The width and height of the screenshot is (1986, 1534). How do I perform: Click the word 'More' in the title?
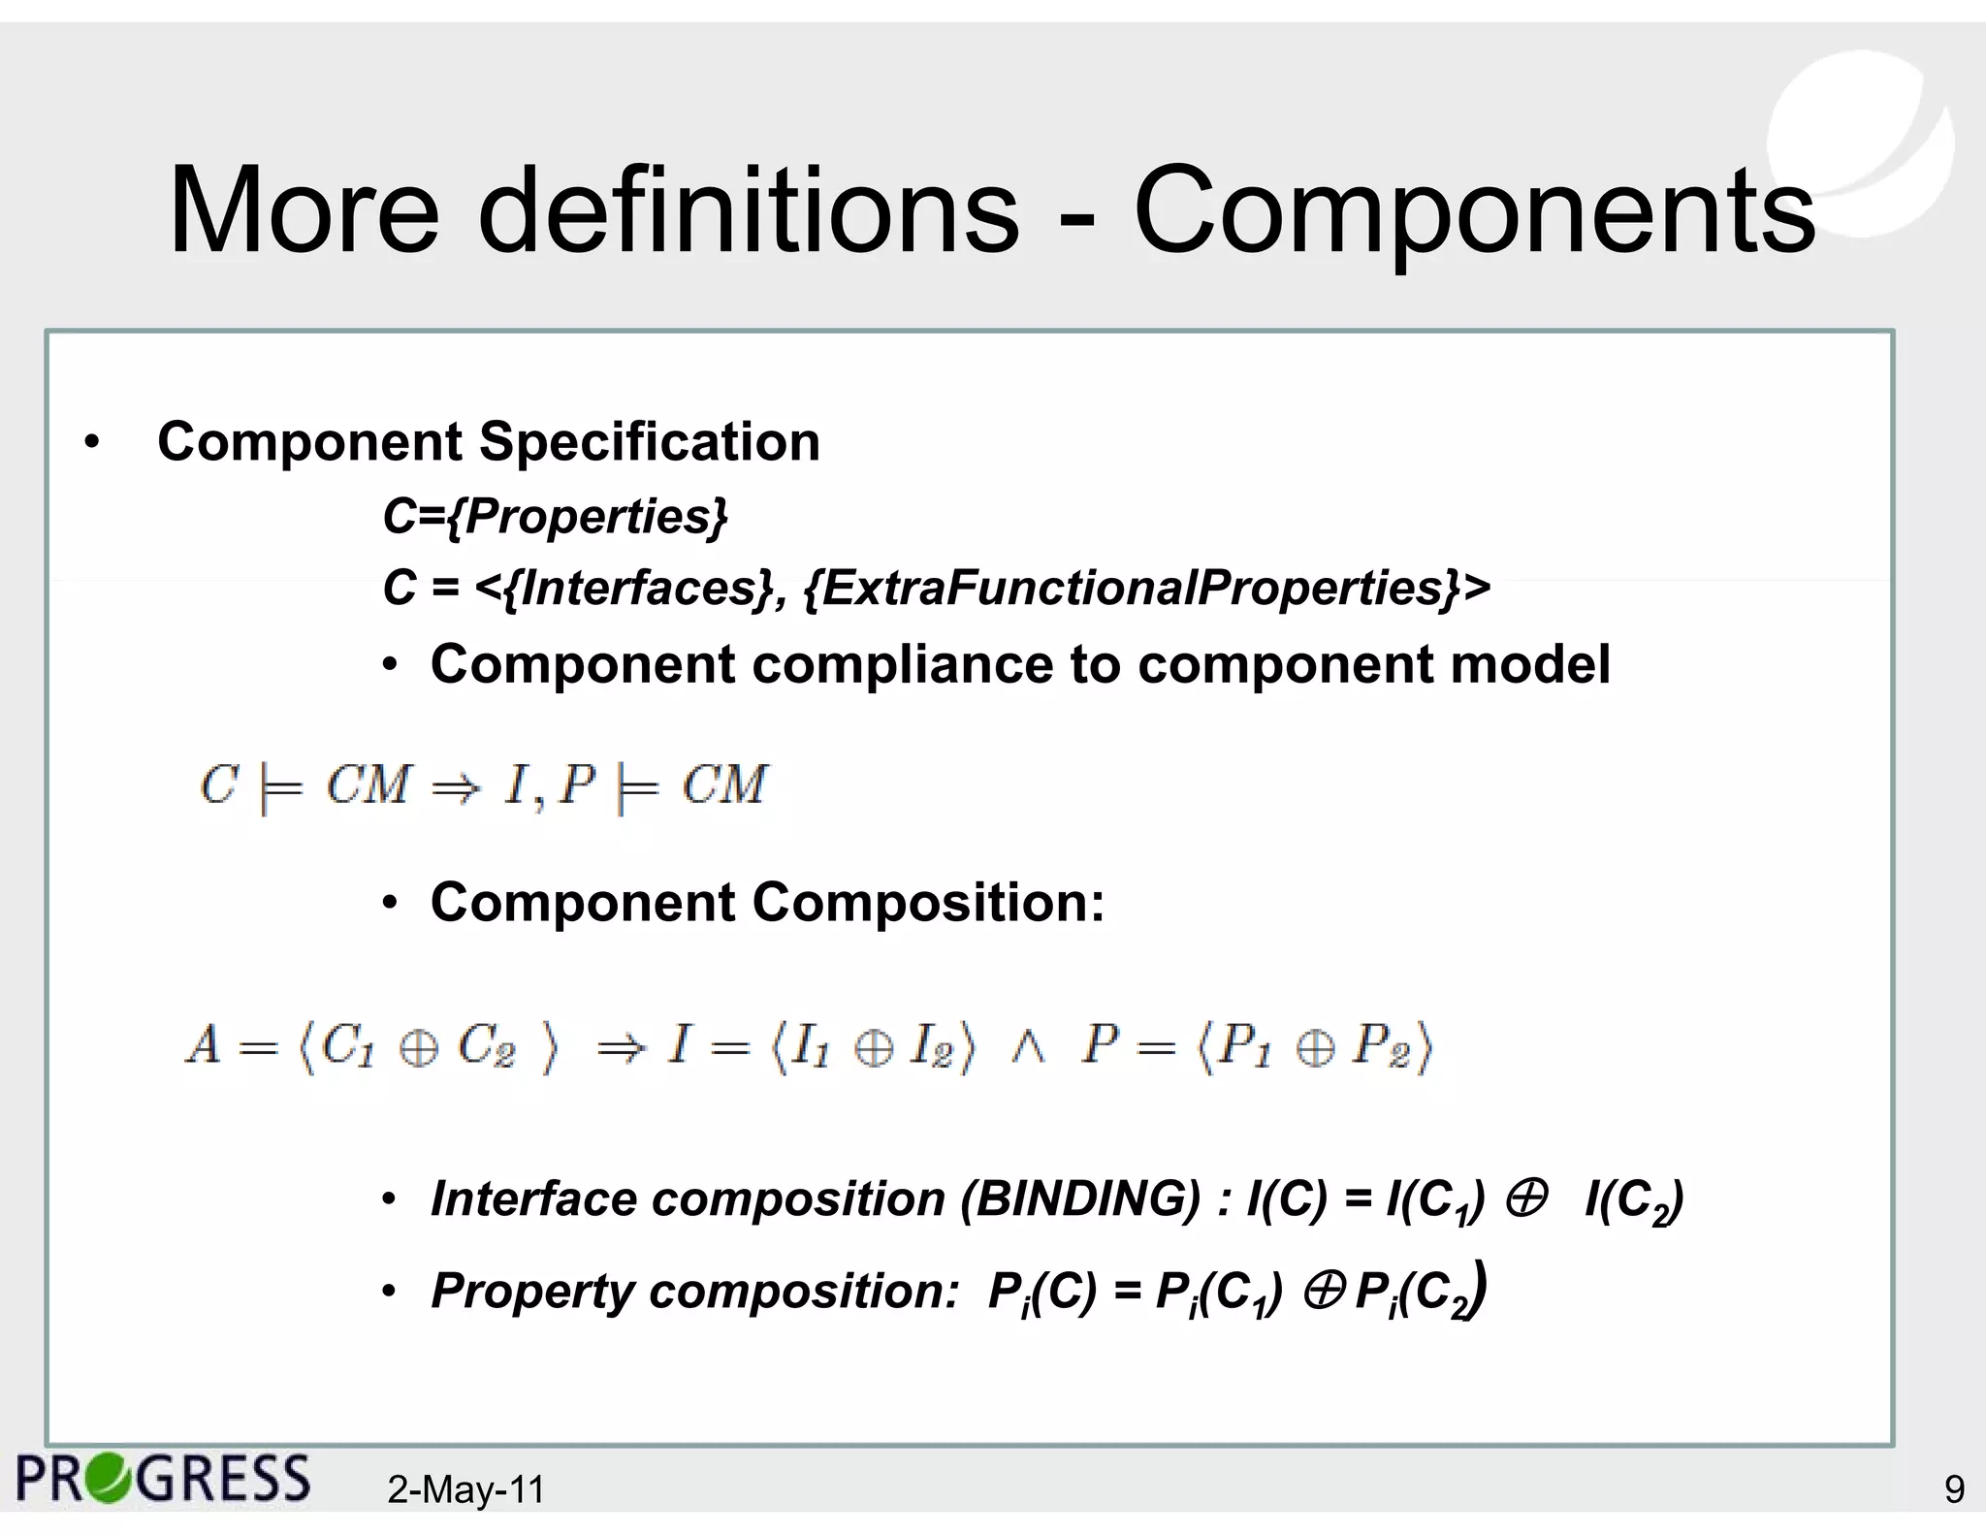[304, 211]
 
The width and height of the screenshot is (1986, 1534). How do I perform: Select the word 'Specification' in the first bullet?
[649, 442]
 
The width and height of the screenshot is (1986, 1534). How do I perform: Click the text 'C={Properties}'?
[555, 516]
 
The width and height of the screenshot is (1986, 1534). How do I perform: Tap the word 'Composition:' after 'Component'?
[928, 903]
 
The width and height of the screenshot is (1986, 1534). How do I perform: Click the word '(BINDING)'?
[1080, 1199]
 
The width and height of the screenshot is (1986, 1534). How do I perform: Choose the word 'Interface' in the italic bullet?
[533, 1199]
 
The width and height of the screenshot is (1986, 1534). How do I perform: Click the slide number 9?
[1954, 1489]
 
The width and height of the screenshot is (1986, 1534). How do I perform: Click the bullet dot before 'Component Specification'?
[92, 444]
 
